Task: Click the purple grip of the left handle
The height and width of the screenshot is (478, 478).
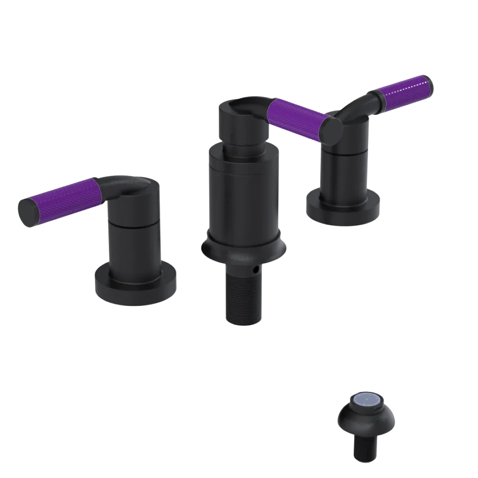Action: pos(62,196)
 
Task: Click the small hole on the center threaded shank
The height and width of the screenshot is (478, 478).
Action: pos(257,270)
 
